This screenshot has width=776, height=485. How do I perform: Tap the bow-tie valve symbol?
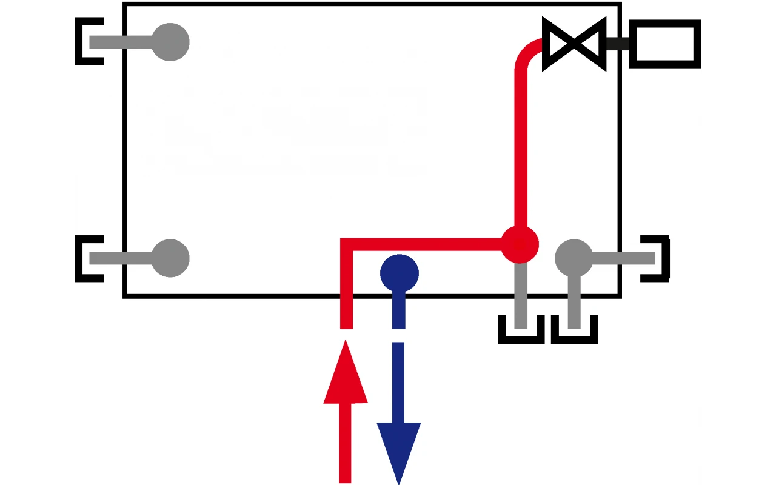click(x=574, y=44)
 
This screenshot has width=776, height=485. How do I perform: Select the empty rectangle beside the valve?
click(x=664, y=43)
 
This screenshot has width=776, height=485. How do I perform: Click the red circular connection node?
click(x=520, y=245)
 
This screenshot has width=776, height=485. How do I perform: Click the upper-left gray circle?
click(x=170, y=42)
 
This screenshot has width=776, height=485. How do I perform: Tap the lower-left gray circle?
click(x=170, y=258)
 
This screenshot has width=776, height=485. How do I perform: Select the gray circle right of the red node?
click(x=574, y=258)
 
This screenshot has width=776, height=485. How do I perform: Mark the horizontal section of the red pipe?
click(x=424, y=244)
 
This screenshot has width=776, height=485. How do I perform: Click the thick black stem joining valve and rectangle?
click(x=617, y=43)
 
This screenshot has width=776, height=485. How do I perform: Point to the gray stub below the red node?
click(x=520, y=297)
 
